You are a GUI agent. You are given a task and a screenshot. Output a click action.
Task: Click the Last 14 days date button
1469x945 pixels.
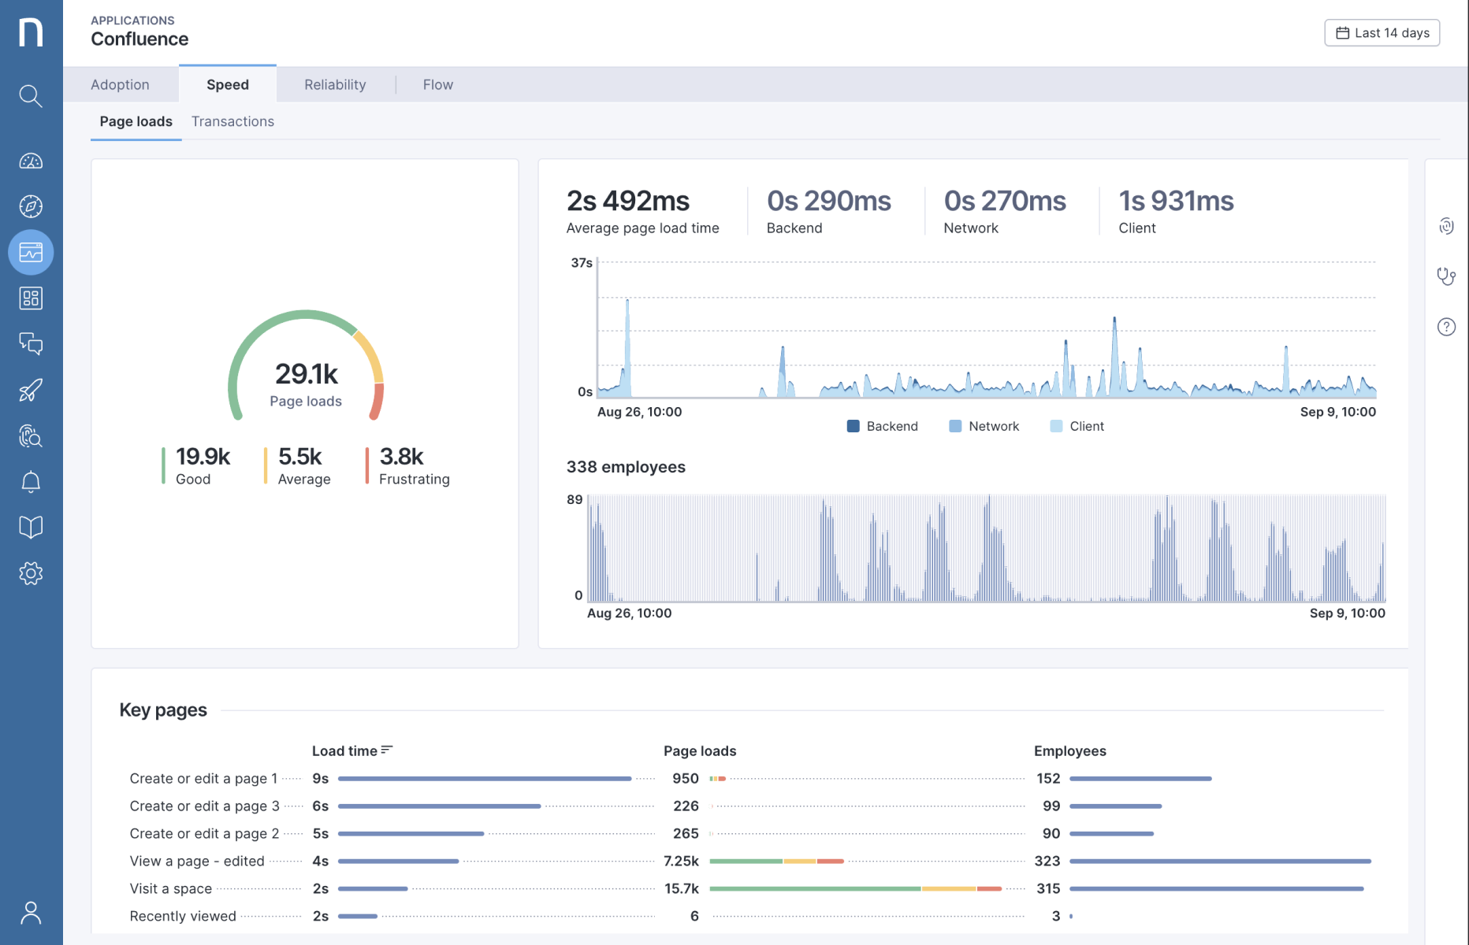pos(1382,33)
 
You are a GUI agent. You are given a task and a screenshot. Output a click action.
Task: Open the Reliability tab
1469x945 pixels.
pos(335,84)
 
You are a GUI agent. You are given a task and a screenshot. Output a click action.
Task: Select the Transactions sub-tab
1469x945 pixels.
pos(232,121)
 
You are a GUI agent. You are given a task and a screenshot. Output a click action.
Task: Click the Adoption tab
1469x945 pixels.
pos(120,84)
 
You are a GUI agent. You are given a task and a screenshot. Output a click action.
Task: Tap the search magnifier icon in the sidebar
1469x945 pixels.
pos(31,96)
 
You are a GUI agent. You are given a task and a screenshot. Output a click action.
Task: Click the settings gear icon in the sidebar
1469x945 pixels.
pos(31,573)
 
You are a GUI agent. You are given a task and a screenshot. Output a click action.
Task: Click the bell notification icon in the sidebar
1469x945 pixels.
pos(31,482)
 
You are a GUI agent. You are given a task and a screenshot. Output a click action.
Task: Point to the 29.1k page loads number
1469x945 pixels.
pos(306,373)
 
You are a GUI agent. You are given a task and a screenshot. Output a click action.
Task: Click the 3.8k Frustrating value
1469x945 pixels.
pos(401,457)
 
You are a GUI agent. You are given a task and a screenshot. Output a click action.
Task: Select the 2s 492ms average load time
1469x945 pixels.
pos(628,202)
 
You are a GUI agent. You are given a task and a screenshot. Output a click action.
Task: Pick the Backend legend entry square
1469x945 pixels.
pos(853,426)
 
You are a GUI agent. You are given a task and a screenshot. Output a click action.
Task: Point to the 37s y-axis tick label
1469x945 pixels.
pos(582,263)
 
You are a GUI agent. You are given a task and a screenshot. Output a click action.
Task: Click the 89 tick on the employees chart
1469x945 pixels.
pos(575,499)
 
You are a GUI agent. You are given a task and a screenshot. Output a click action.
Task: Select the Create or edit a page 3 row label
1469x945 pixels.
pos(204,806)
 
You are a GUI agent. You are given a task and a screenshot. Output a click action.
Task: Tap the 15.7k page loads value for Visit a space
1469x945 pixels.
pos(681,888)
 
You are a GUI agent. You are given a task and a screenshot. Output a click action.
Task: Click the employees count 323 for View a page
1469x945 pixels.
pos(1047,861)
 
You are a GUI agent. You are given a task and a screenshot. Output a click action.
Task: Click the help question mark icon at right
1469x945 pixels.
pos(1446,327)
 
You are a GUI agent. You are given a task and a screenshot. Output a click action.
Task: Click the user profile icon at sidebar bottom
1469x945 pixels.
pos(31,913)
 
